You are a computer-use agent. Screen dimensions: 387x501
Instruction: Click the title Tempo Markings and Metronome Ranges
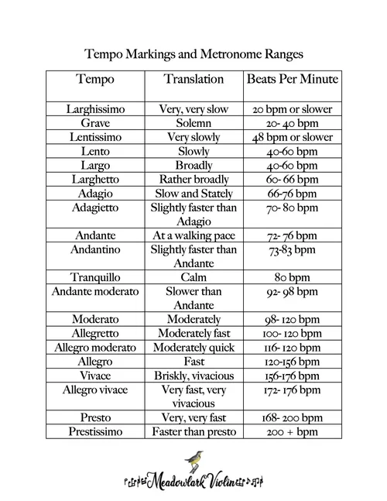click(193, 54)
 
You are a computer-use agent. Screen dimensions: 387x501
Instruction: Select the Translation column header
click(193, 80)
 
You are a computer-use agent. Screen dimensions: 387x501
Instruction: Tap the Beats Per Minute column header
click(292, 80)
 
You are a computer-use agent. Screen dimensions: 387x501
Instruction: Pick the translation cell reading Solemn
click(193, 123)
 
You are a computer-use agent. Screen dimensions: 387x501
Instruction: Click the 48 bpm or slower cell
click(292, 137)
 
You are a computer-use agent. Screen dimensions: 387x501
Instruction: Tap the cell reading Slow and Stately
click(193, 194)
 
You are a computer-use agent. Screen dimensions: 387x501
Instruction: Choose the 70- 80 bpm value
click(292, 208)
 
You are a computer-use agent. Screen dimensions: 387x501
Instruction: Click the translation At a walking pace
click(193, 235)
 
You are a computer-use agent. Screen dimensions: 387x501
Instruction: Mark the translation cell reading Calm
click(193, 277)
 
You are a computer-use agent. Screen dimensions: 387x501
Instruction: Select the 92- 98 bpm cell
click(292, 292)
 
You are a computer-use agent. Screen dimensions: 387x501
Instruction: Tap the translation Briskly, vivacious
click(193, 376)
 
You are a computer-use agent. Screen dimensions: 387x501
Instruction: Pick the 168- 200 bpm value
click(292, 418)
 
